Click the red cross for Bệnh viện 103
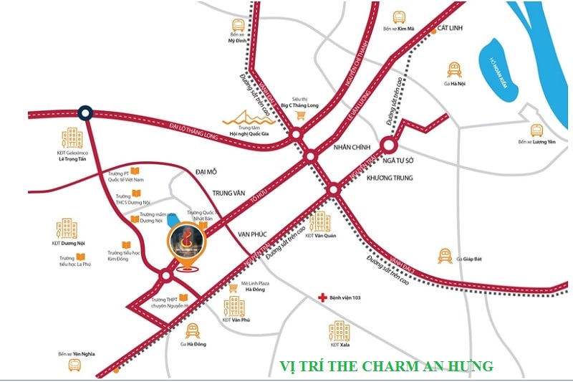(323, 297)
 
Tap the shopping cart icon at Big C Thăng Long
(302, 115)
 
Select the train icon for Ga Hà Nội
(453, 70)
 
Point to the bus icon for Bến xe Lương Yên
(536, 130)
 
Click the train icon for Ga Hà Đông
(192, 330)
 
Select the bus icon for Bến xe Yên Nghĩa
(74, 365)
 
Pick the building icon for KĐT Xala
(339, 331)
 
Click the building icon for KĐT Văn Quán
(320, 221)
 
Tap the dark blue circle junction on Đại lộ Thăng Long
(85, 113)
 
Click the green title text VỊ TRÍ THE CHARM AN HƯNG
(386, 366)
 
